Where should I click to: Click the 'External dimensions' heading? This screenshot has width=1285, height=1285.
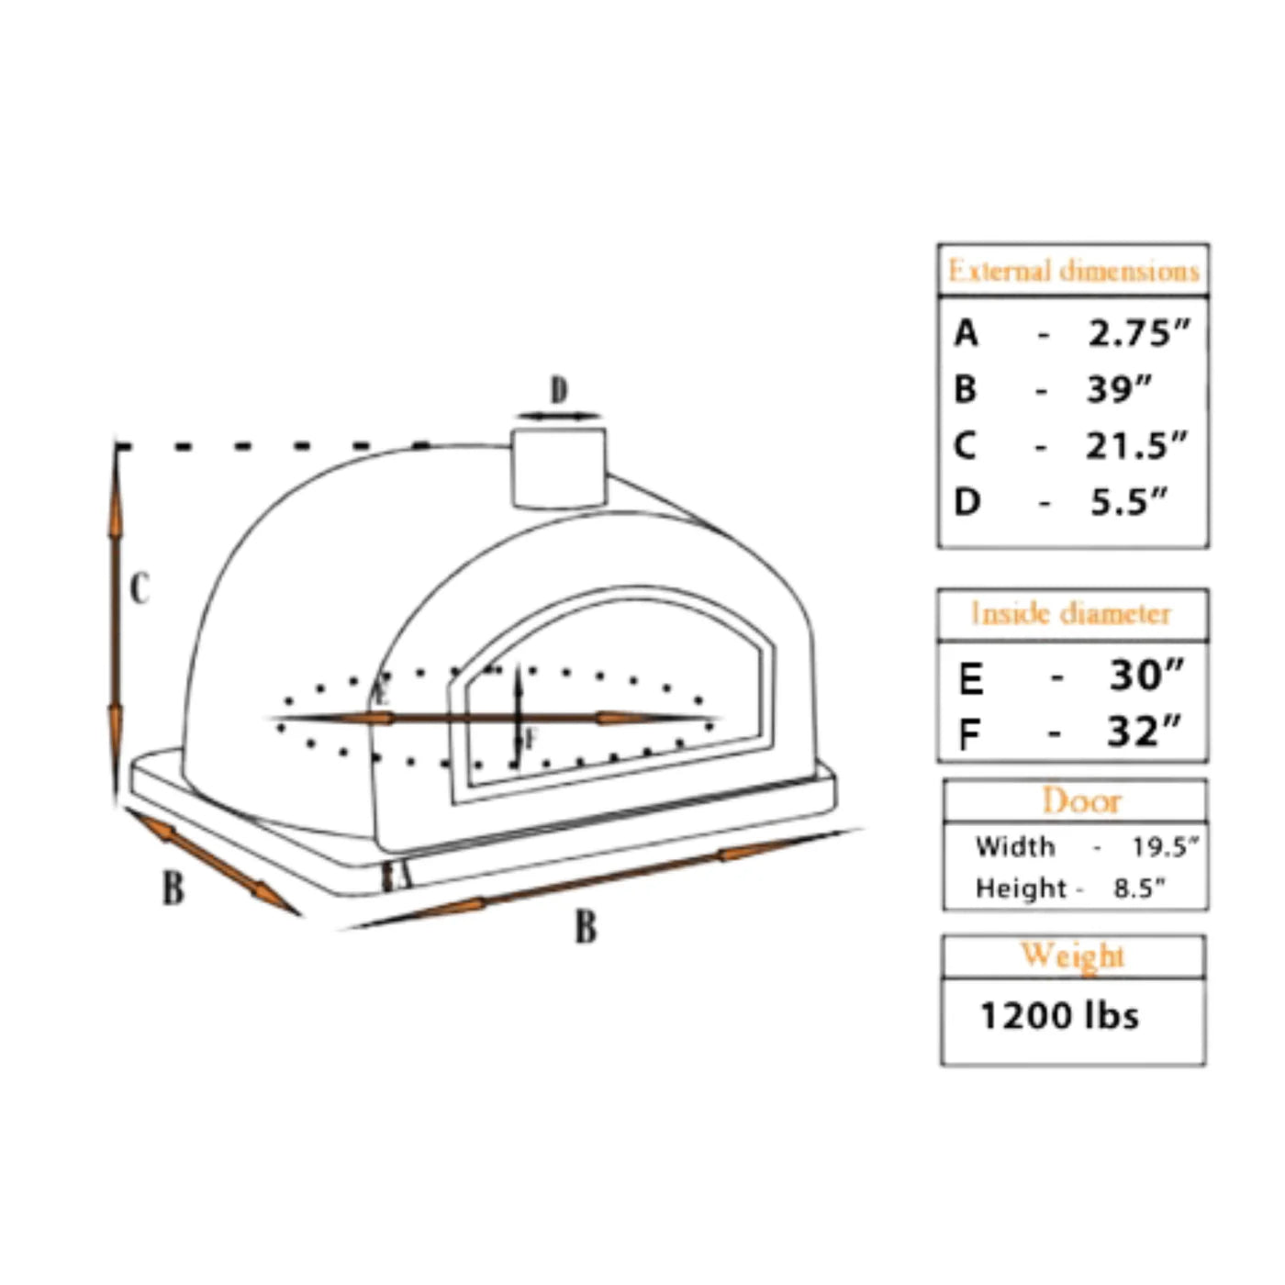pos(1073,271)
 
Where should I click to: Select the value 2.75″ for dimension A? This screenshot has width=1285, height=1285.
pos(1138,333)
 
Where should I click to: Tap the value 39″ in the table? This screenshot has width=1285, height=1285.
pos(1118,389)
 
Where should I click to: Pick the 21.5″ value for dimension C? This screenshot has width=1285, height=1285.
pos(1136,446)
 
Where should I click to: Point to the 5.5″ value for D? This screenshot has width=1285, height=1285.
pos(1128,502)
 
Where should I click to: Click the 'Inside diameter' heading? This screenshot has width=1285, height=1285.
pos(1071,613)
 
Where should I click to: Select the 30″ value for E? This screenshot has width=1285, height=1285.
pos(1145,676)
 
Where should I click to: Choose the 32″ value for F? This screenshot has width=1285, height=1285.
pos(1144,732)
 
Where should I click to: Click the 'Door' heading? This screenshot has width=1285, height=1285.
pos(1081,801)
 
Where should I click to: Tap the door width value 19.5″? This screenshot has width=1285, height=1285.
pos(1164,846)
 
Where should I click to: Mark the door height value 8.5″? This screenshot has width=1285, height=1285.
pos(1139,888)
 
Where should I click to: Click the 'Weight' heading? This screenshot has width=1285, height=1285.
pos(1072,955)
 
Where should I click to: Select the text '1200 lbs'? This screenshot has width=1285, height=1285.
pos(1059,1016)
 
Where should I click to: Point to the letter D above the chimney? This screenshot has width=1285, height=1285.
pos(559,390)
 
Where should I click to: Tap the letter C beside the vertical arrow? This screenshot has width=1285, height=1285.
pos(140,588)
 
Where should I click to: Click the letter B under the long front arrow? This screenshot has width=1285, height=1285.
pos(586,927)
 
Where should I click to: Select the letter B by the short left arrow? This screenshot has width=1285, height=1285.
pos(173,888)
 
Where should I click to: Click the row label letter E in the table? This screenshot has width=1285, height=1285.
pos(970,679)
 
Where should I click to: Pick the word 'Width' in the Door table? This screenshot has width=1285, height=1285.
pos(1014,846)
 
